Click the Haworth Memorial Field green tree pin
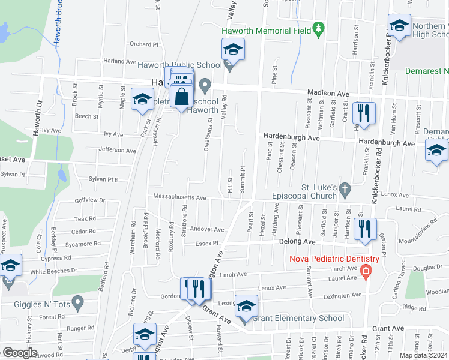pyautogui.click(x=319, y=29)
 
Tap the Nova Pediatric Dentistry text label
pyautogui.click(x=334, y=259)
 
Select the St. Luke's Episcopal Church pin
pyautogui.click(x=344, y=189)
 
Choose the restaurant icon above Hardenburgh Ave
pyautogui.click(x=364, y=113)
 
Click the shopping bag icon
pyautogui.click(x=181, y=96)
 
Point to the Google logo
pyautogui.click(x=20, y=353)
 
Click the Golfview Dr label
pyautogui.click(x=90, y=200)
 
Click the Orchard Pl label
pyautogui.click(x=143, y=44)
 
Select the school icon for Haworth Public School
pyautogui.click(x=233, y=49)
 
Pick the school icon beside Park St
pyautogui.click(x=142, y=99)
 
